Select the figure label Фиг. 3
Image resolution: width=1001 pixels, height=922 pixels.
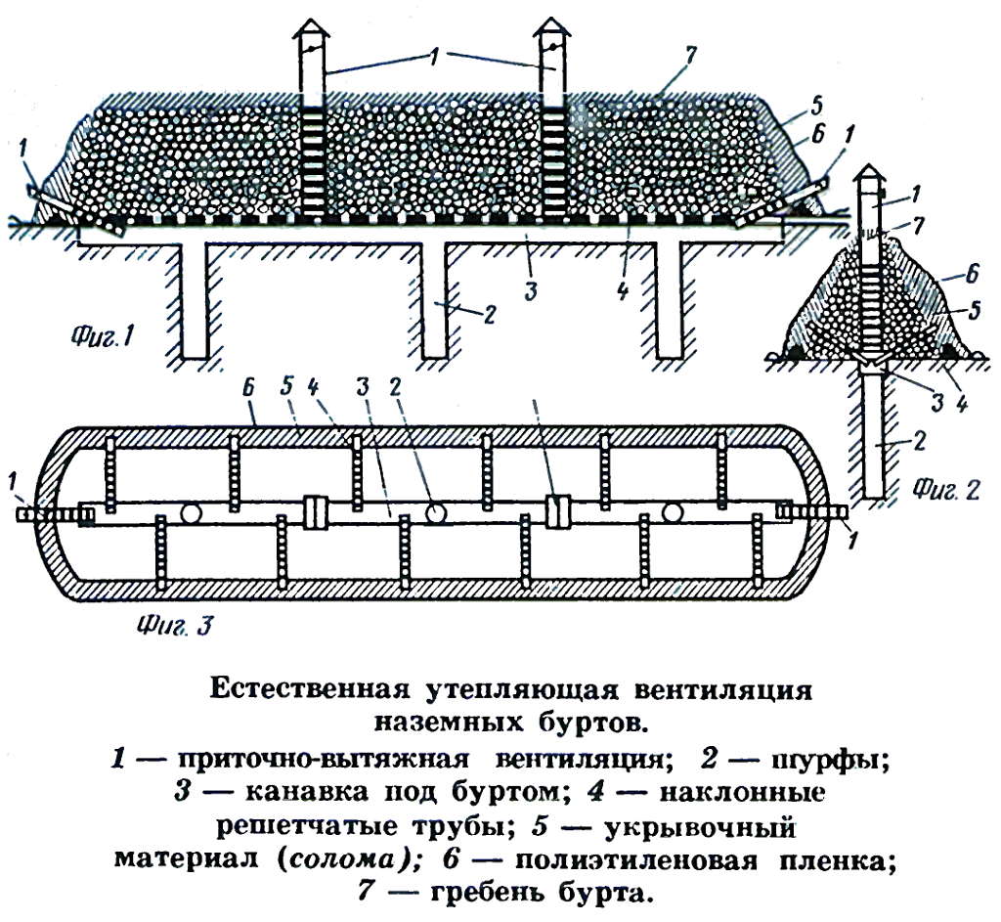(x=174, y=625)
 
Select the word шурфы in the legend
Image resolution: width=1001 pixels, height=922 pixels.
(x=831, y=761)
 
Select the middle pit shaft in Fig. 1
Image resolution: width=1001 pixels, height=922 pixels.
(x=435, y=300)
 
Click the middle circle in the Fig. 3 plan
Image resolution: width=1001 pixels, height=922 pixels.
(x=435, y=512)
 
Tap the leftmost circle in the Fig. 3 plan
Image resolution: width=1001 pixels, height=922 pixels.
(x=191, y=512)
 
